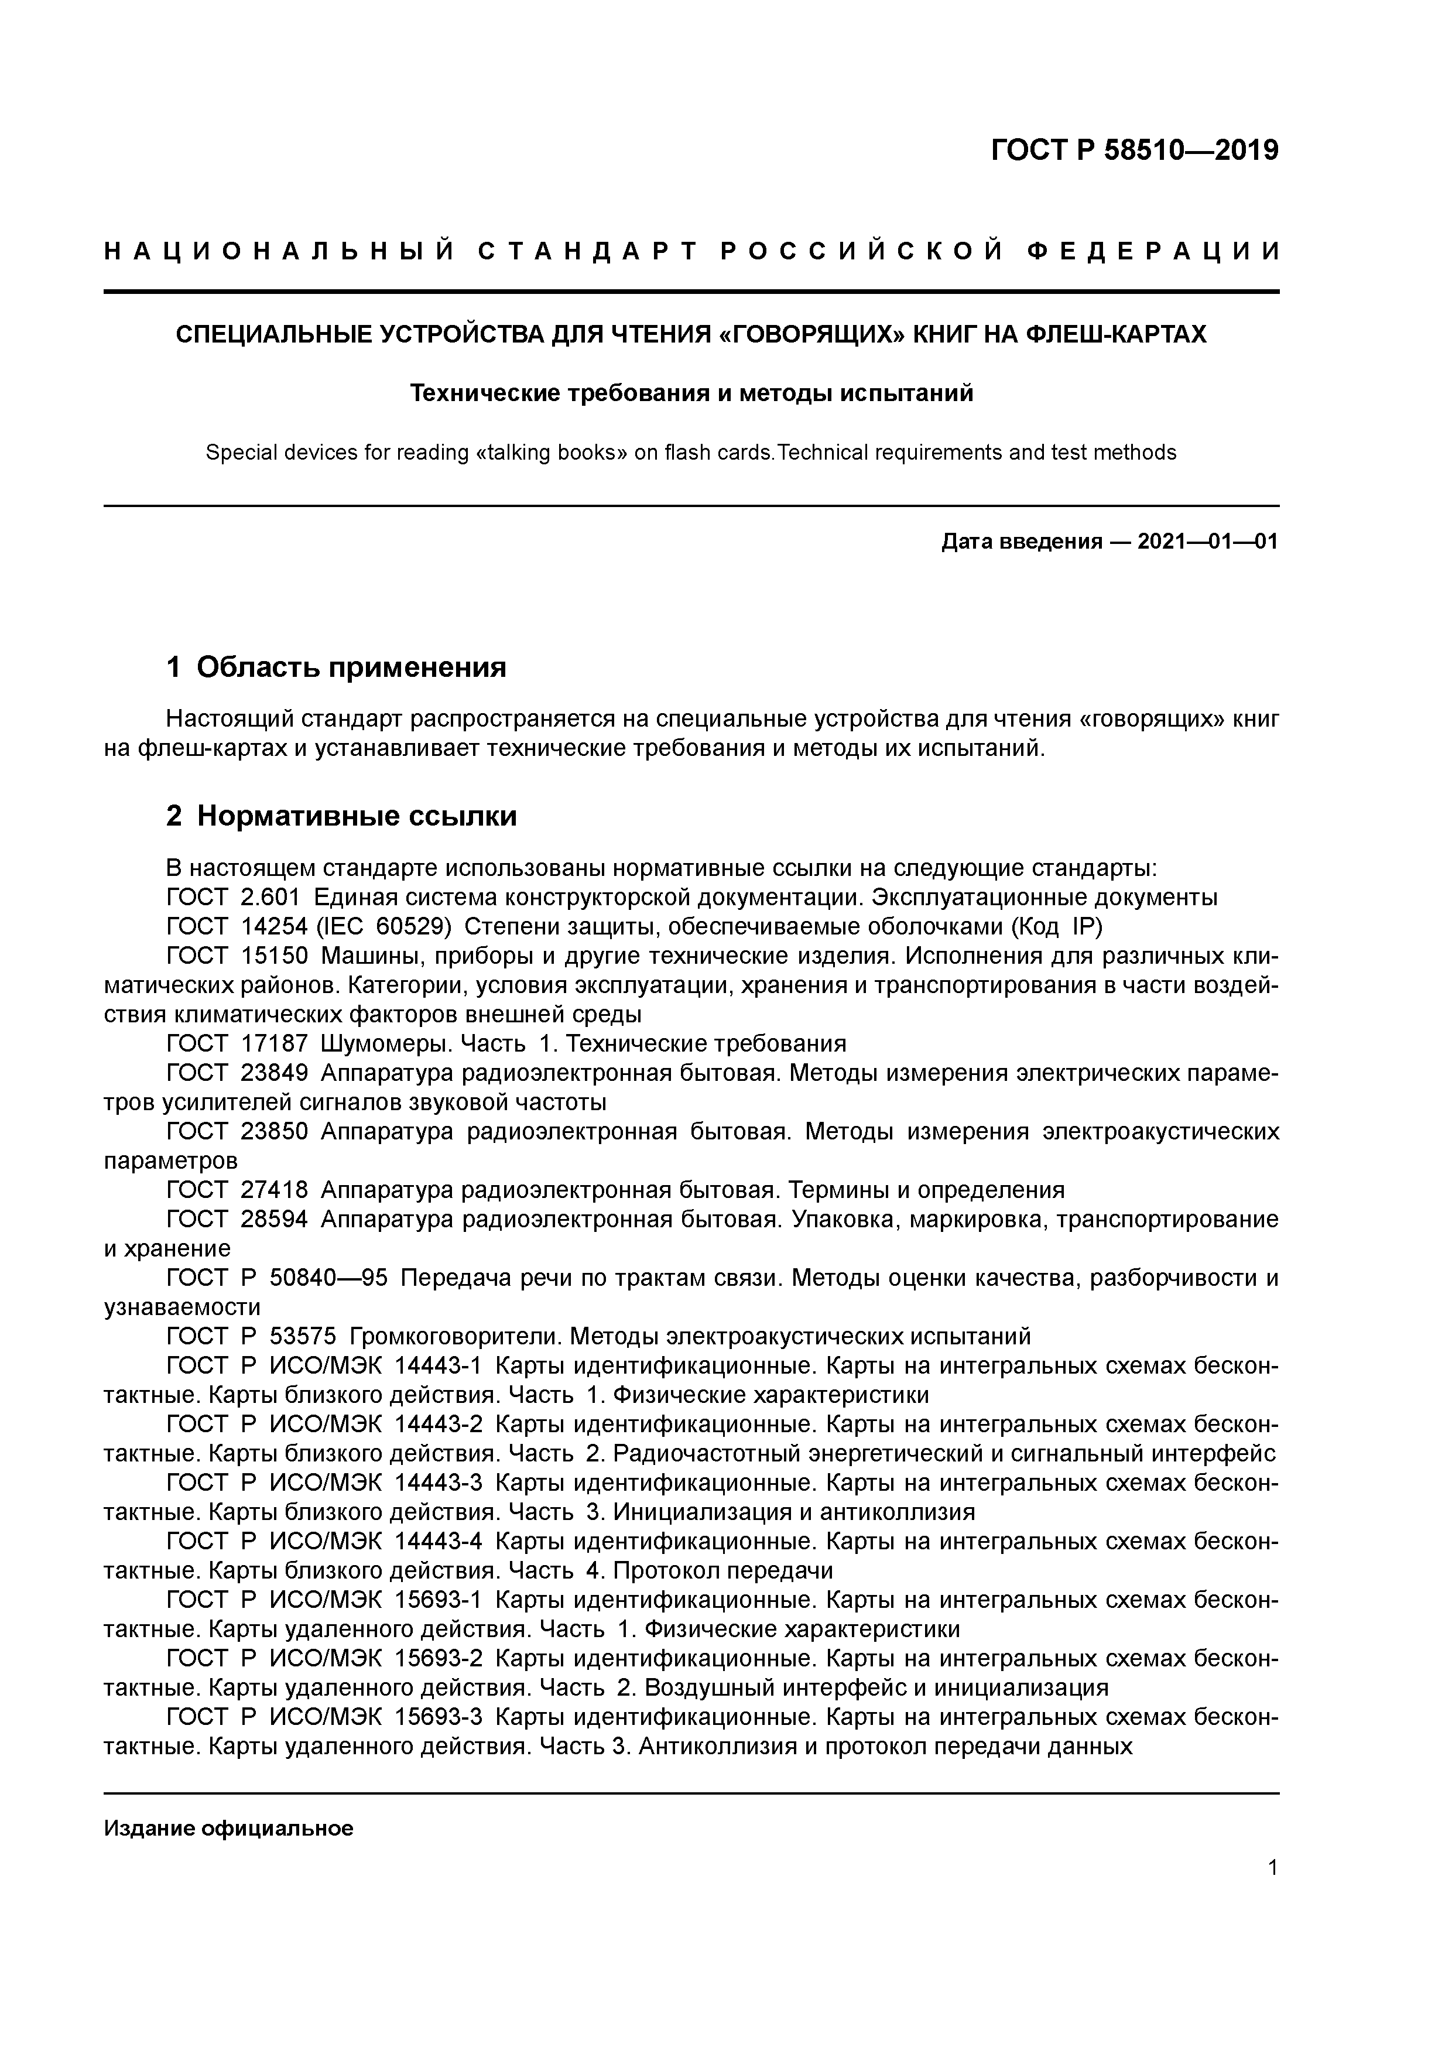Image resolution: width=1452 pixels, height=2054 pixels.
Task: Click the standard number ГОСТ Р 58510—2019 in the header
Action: point(1135,150)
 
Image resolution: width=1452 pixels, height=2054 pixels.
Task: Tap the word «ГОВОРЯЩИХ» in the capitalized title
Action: point(812,334)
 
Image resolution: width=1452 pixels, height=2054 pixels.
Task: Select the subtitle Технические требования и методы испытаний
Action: point(691,393)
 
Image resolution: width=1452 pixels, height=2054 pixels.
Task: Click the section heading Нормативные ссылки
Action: point(356,816)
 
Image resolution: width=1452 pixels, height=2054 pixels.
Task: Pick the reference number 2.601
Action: point(270,897)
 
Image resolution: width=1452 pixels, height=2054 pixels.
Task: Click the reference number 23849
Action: point(275,1073)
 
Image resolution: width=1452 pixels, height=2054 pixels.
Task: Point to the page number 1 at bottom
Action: point(1272,1867)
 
